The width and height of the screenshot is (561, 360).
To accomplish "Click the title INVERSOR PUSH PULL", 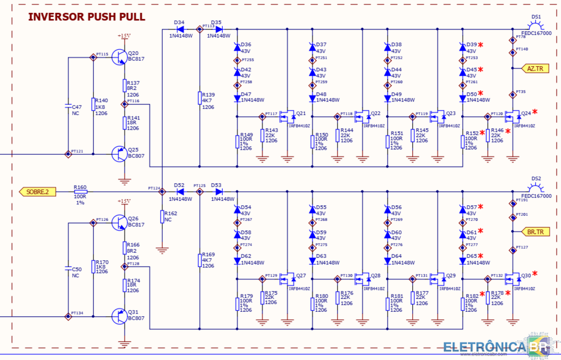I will coord(87,17).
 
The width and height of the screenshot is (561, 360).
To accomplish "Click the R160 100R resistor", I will coord(80,192).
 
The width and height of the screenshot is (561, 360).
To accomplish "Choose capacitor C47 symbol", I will coord(68,106).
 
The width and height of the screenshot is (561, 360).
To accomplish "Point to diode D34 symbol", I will coord(179,29).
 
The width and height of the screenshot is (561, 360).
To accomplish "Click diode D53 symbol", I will coord(217,192).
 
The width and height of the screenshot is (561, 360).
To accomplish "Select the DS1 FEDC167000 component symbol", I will coord(536,26).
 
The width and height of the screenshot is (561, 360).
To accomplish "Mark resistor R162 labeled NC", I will coord(162,217).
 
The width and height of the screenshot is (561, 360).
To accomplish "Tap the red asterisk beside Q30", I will coord(535,274).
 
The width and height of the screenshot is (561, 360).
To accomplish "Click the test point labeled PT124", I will coord(162,192).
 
